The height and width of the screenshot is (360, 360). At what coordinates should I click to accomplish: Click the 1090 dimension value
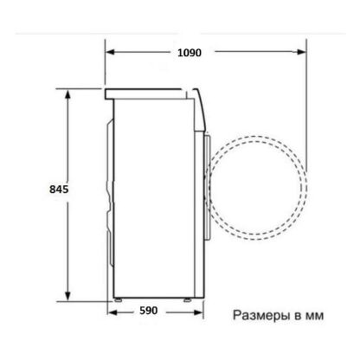click(190, 53)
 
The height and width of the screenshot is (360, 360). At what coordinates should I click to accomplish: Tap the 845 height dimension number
click(59, 190)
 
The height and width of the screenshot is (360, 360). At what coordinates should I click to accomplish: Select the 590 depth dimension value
click(149, 311)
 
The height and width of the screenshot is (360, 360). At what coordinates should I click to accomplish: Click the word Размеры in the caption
click(261, 315)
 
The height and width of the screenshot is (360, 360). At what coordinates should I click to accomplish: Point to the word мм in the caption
click(314, 316)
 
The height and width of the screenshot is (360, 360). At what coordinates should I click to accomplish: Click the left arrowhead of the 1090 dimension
click(110, 52)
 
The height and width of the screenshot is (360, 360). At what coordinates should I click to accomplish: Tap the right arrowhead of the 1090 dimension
click(301, 52)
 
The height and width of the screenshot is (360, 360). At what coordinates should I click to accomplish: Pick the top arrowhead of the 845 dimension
click(67, 94)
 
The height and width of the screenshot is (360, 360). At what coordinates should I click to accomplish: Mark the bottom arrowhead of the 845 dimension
click(67, 296)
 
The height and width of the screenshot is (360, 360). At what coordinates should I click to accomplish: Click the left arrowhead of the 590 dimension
click(112, 312)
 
